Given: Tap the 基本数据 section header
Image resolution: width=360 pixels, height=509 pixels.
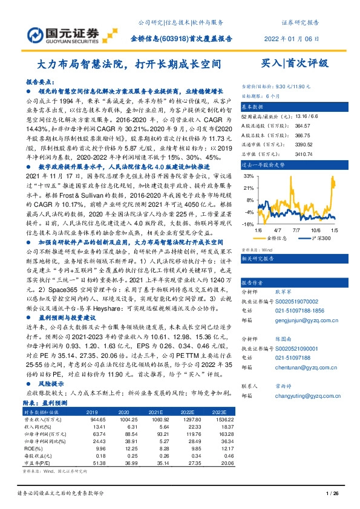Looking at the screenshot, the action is [x=254, y=106].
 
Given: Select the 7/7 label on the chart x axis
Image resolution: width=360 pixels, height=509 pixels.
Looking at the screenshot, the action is [x=296, y=230].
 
